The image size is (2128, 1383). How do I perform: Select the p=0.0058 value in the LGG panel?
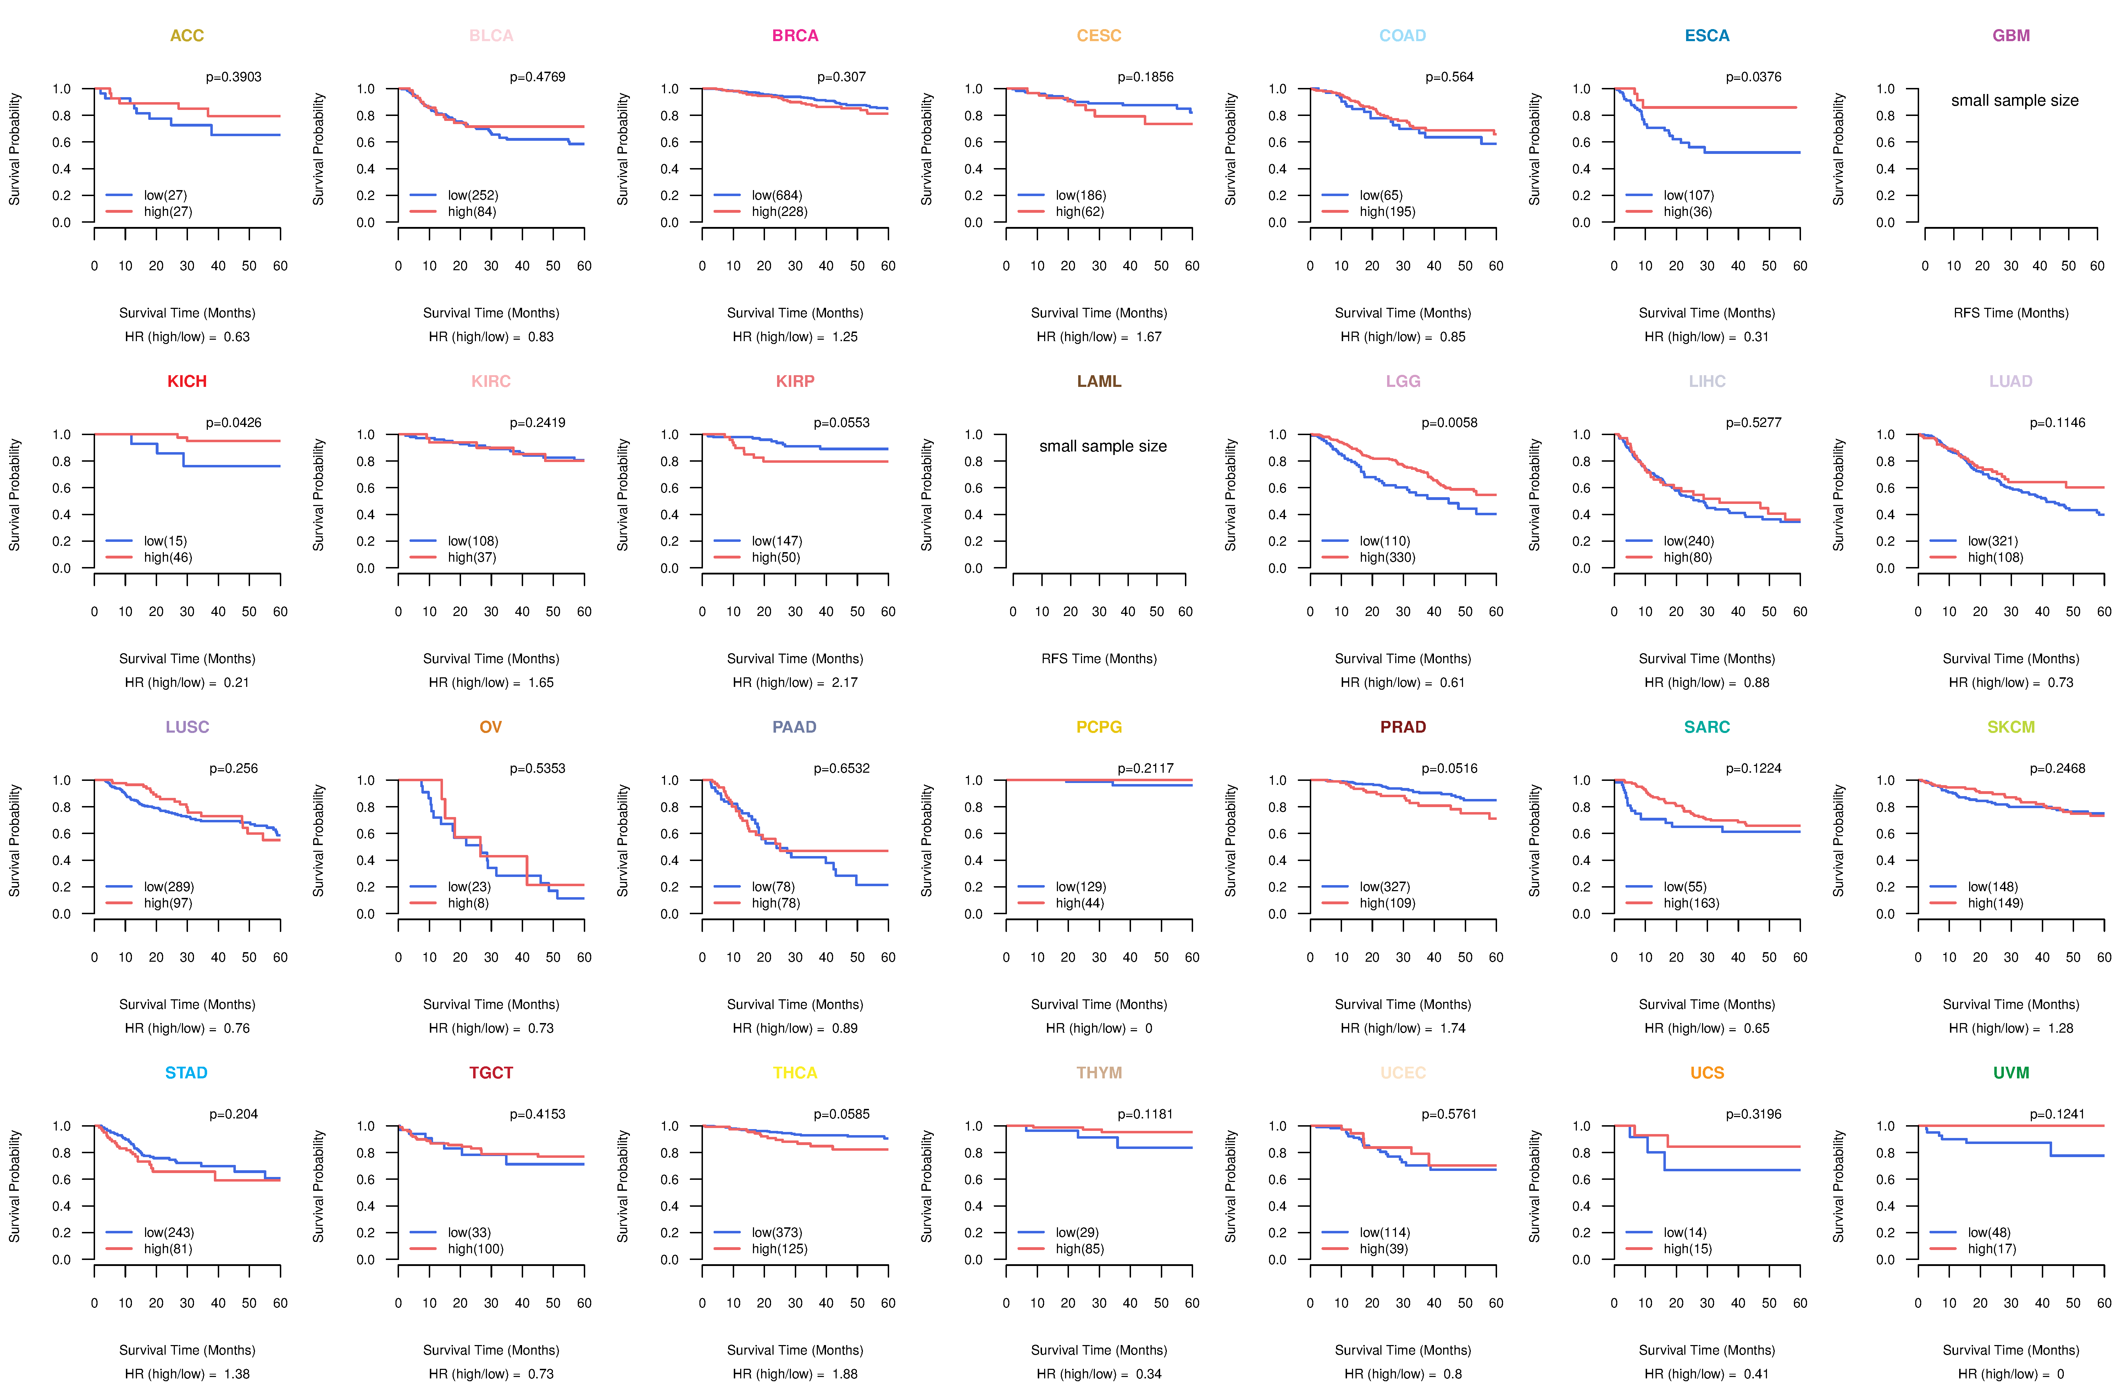[1450, 423]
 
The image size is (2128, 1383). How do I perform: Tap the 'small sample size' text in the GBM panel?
[2015, 100]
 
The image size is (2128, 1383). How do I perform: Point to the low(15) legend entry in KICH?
[165, 541]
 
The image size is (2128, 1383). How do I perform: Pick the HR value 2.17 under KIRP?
[845, 682]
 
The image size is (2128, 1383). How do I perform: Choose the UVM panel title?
[2011, 1073]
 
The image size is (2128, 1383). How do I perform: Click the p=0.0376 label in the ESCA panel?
[1753, 77]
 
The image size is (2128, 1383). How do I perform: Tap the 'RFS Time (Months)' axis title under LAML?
[1099, 659]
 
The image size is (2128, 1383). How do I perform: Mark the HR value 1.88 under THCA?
[845, 1374]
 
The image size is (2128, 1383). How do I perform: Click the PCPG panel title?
[1099, 727]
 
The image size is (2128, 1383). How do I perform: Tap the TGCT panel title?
[491, 1073]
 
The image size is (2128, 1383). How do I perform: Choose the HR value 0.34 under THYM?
[1149, 1374]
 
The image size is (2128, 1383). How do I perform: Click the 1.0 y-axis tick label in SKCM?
[1885, 781]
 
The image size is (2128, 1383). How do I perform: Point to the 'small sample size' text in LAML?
[1102, 446]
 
